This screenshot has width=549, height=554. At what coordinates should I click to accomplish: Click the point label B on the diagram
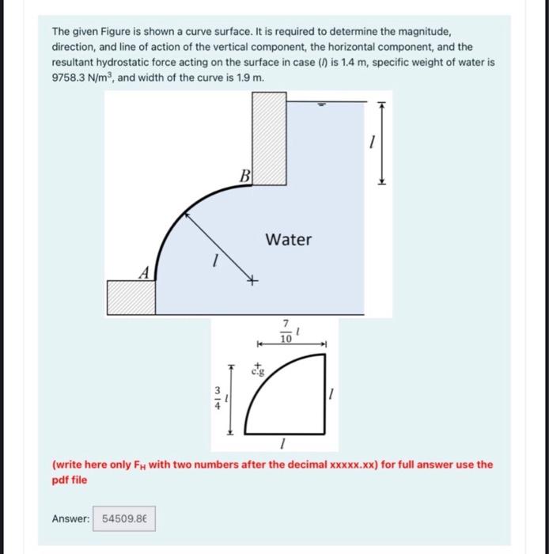(x=244, y=176)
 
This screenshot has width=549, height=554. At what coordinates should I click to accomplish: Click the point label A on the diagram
(x=143, y=272)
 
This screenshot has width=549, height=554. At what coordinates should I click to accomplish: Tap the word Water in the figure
(x=289, y=239)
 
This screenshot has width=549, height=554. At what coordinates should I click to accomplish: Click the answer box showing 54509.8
(x=124, y=518)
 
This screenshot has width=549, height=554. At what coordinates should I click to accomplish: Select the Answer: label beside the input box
(x=70, y=518)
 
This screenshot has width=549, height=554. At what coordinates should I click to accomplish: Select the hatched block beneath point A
(x=131, y=298)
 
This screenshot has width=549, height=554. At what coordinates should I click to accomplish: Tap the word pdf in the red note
(x=60, y=480)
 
